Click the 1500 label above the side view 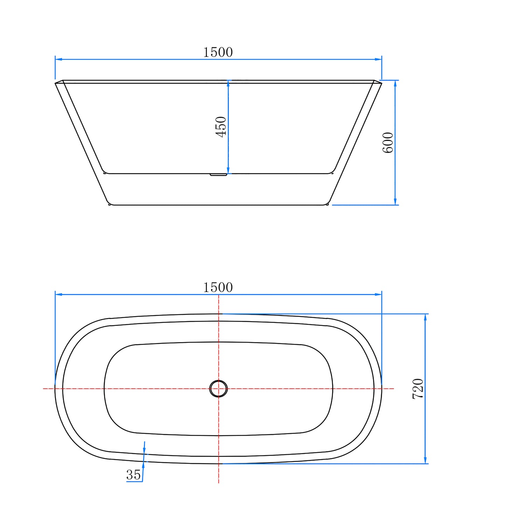coord(218,52)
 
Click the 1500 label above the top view coord(218,287)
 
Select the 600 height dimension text coord(388,143)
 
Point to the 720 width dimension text coord(418,389)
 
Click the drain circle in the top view coord(219,388)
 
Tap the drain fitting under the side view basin coord(219,174)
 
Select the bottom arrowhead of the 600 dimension coord(395,201)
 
